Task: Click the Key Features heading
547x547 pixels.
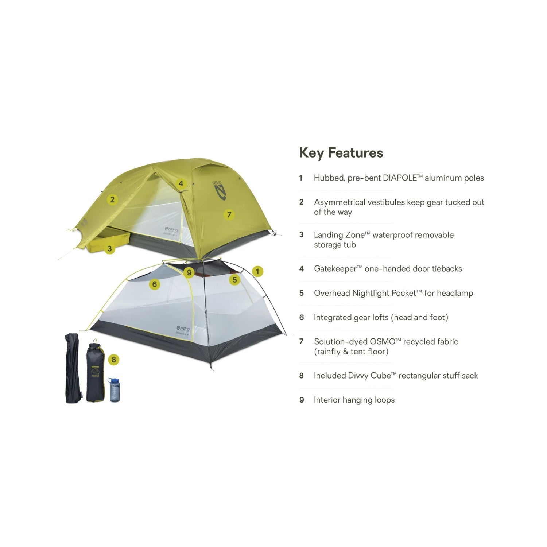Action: click(341, 153)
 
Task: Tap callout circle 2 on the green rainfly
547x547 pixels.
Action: click(112, 199)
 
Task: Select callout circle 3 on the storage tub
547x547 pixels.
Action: click(109, 249)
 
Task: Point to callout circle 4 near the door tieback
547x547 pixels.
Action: click(181, 183)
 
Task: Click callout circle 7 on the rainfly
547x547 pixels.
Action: click(229, 214)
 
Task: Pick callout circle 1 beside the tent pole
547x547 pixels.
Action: click(257, 271)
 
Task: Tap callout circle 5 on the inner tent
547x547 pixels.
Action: click(234, 280)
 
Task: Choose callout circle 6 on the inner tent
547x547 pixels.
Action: click(155, 284)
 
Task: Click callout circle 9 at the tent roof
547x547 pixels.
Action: click(189, 272)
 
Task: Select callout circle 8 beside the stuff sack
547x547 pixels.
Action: click(114, 360)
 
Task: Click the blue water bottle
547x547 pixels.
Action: click(115, 390)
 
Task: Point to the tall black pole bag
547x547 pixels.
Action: click(73, 368)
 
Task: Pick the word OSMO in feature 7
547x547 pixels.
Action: click(383, 342)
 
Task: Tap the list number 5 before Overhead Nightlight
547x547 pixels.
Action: click(302, 293)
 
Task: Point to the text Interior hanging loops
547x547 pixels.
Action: click(354, 400)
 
